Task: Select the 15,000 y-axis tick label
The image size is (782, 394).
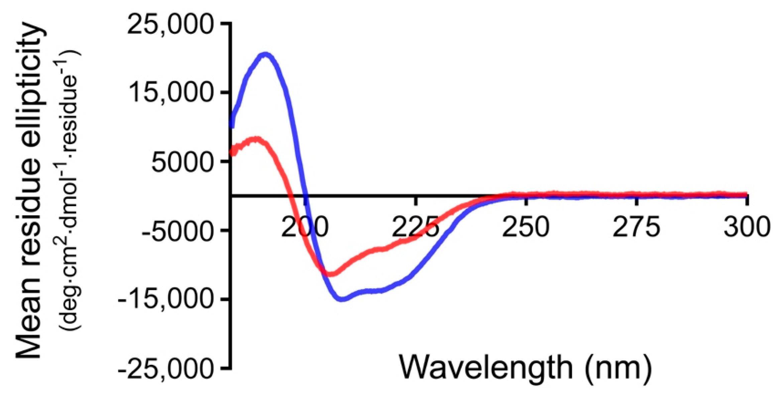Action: pyautogui.click(x=170, y=93)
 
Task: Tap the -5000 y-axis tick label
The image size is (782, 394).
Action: pyautogui.click(x=177, y=231)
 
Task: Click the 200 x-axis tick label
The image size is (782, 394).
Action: pyautogui.click(x=305, y=228)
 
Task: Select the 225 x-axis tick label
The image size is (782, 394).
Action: pyautogui.click(x=415, y=228)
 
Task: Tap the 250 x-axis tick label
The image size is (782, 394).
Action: pyautogui.click(x=526, y=228)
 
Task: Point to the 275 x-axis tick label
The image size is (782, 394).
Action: pyautogui.click(x=636, y=228)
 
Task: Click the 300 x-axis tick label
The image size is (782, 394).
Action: pyautogui.click(x=747, y=228)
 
